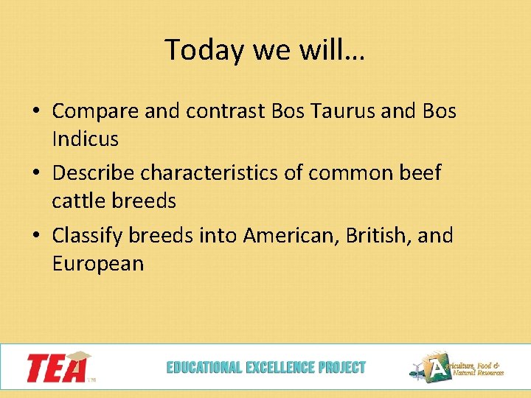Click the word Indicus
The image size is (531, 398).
85,138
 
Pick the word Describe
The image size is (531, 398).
94,173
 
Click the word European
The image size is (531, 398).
98,262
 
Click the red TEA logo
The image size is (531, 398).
58,366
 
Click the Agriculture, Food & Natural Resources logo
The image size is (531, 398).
457,367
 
